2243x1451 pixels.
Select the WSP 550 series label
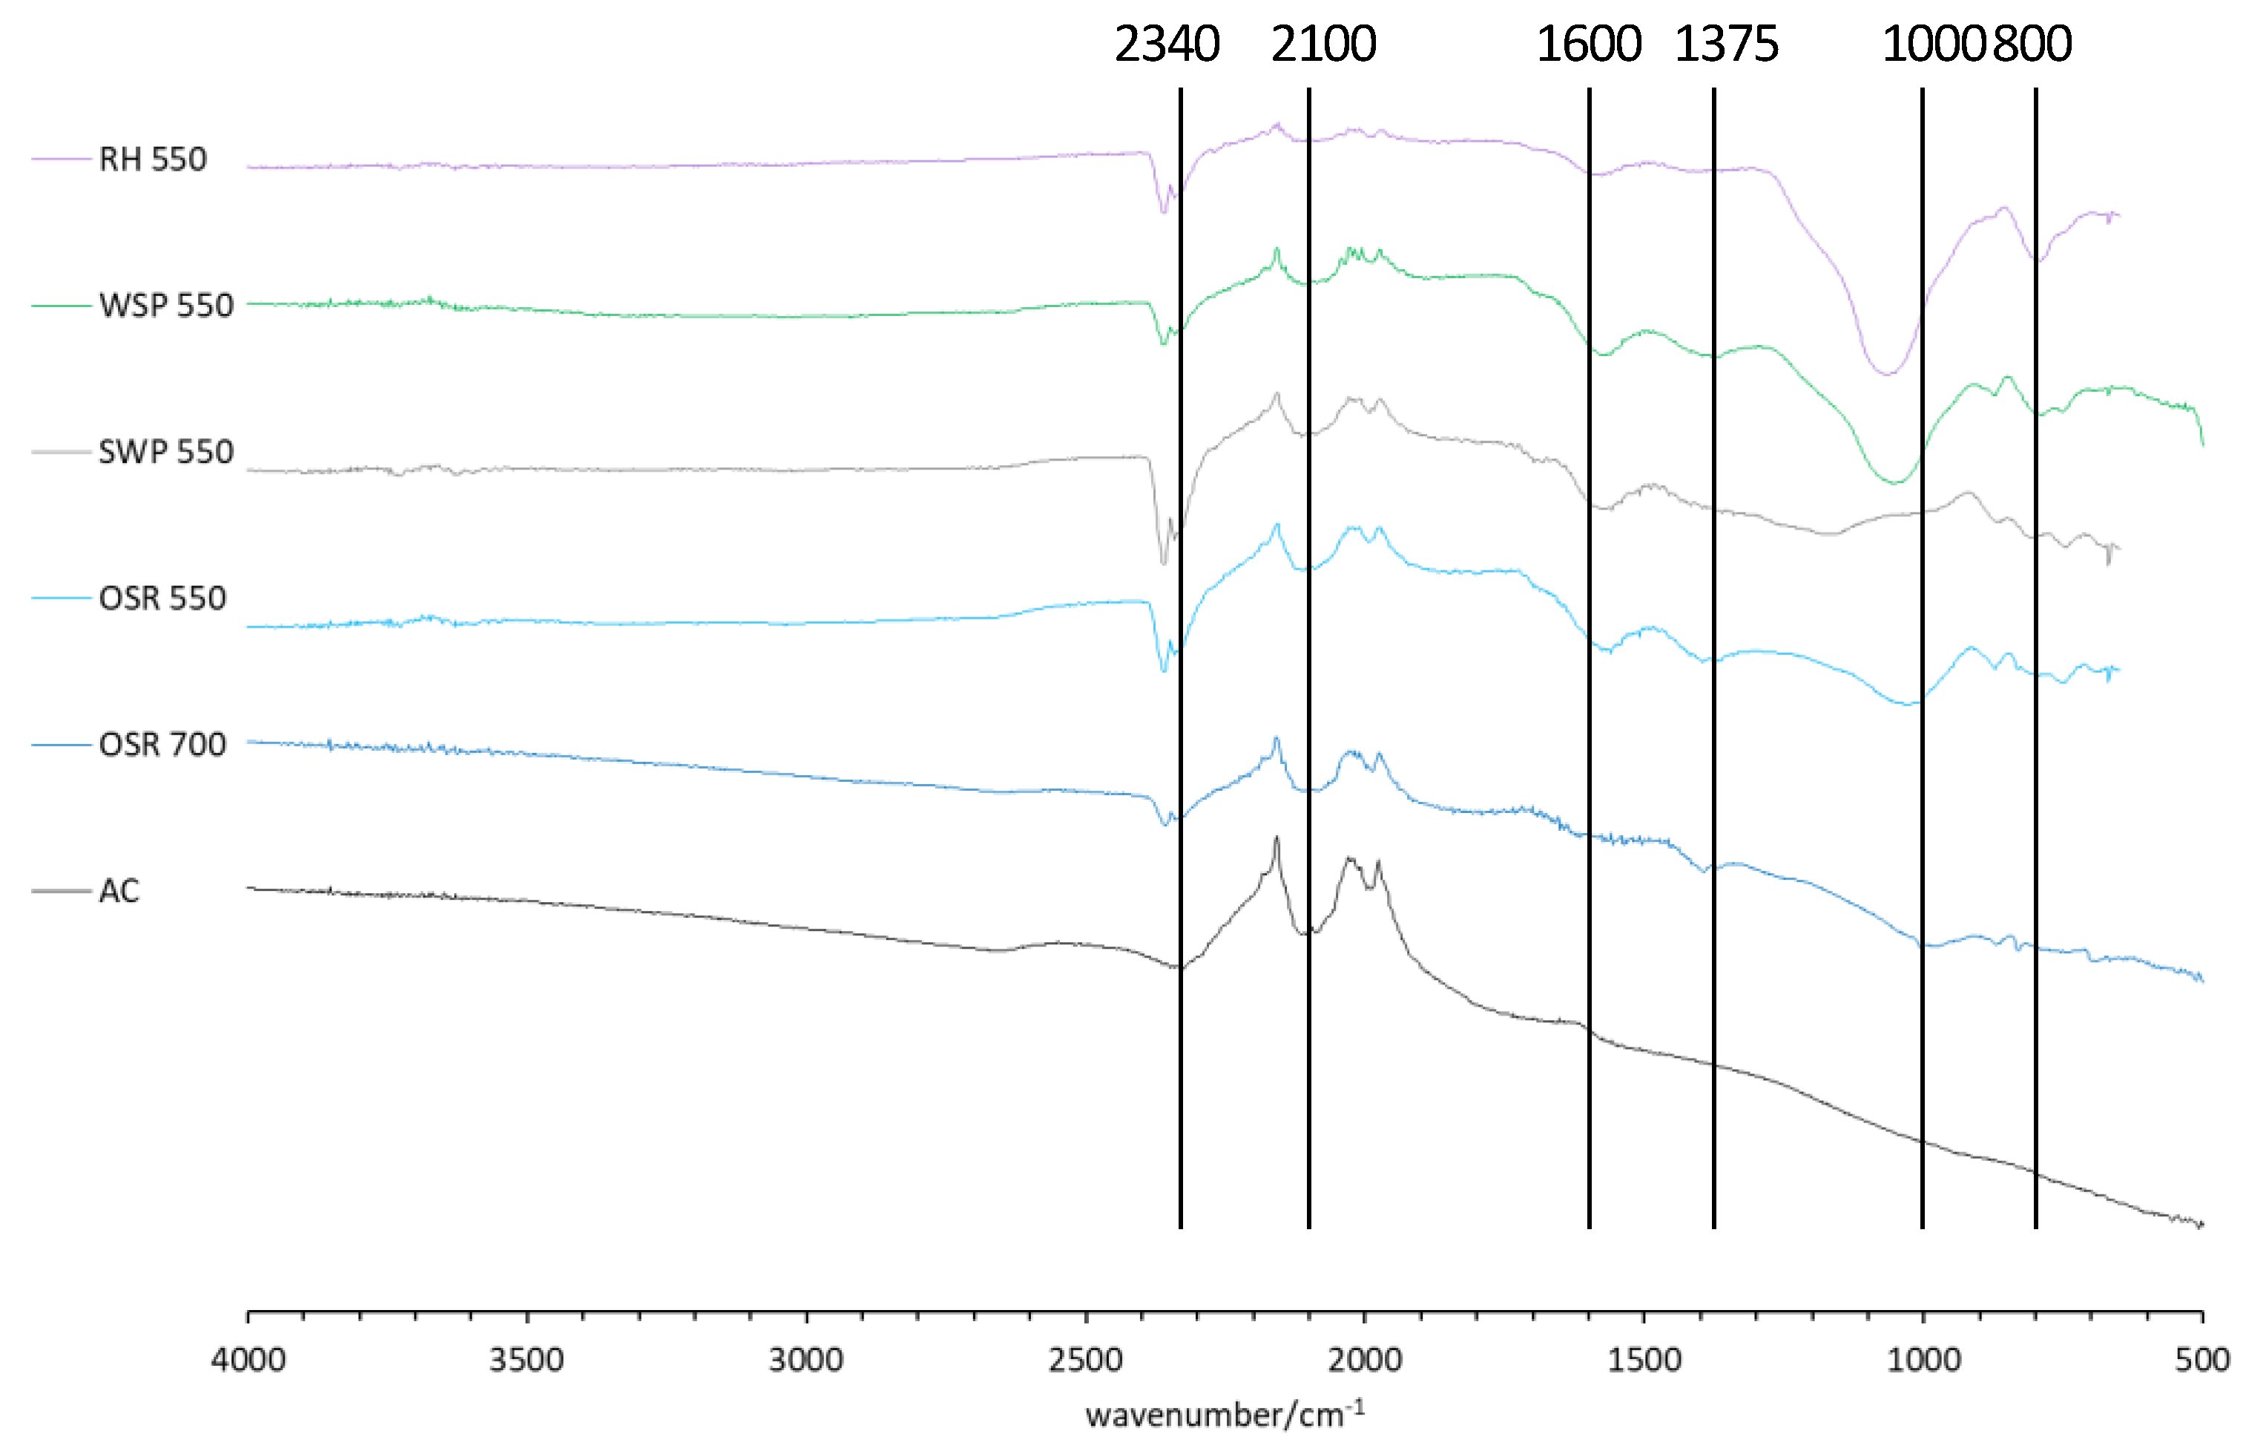[x=166, y=306]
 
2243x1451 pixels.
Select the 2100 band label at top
[x=1323, y=45]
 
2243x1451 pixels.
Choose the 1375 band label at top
[x=1726, y=45]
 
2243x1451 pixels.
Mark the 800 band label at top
[x=2032, y=45]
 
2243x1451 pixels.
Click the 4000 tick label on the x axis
[x=248, y=1360]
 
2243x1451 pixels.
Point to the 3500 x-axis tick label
[x=527, y=1360]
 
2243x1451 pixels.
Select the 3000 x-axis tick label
[x=806, y=1360]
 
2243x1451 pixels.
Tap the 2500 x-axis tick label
[x=1085, y=1360]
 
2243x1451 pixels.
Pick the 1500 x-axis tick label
[x=1644, y=1360]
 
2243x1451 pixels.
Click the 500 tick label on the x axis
[x=2202, y=1360]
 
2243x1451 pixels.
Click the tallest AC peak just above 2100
[x=1277, y=838]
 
